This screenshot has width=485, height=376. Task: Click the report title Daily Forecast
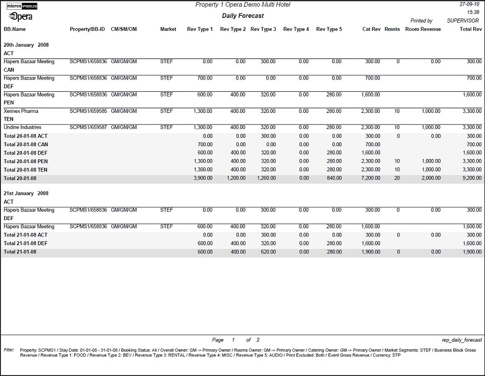[243, 16]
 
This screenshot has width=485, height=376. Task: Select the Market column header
[168, 29]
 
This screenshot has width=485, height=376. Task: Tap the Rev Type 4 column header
[296, 29]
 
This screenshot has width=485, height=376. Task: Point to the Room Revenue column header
[423, 29]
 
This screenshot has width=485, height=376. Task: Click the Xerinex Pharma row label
[21, 111]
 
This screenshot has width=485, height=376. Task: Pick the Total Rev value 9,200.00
[471, 178]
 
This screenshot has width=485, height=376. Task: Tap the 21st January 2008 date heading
[26, 193]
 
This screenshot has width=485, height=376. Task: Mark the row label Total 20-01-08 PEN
[26, 161]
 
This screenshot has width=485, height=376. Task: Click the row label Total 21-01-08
[20, 252]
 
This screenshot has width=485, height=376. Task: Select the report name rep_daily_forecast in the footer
[461, 340]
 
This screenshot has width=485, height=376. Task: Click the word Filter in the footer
[9, 350]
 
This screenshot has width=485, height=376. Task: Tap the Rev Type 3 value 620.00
[266, 252]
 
